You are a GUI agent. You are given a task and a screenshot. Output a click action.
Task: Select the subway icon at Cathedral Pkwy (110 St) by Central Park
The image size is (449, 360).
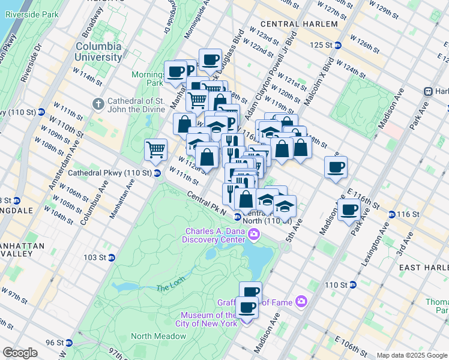pos(157,173)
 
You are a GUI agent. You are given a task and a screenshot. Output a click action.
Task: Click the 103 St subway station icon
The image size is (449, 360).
pos(112,257)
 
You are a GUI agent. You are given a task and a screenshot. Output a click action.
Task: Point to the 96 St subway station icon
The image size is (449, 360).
pos(68,343)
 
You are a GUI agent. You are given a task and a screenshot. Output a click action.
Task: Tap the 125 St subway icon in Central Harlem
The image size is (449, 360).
pos(338,45)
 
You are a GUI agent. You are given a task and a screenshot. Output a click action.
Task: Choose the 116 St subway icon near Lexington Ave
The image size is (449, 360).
pos(391,214)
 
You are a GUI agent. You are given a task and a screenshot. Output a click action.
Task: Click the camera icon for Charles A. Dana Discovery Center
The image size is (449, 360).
pos(255,233)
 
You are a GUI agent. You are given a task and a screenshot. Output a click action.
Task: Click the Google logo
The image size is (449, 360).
pos(20,353)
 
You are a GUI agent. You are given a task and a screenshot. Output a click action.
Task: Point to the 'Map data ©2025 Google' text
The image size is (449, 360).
pos(412,355)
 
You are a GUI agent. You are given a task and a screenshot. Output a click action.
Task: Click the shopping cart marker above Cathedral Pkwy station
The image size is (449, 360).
pos(155,149)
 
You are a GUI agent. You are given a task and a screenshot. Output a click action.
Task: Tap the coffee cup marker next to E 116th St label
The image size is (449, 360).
pos(349,211)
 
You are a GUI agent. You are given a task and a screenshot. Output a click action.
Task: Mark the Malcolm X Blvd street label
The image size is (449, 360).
pos(316,77)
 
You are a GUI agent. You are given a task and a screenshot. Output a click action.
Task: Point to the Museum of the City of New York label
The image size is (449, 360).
pos(210,320)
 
